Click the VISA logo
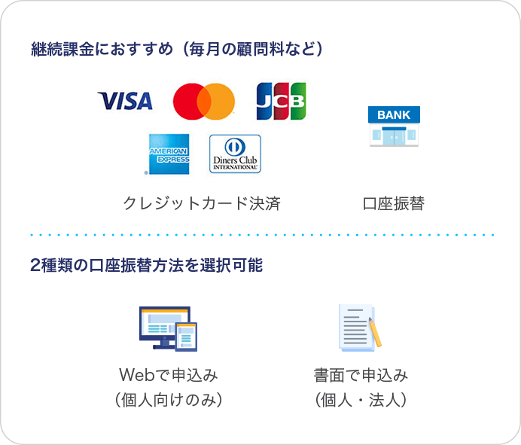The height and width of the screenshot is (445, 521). [x=125, y=100]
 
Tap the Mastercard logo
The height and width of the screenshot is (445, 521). [x=203, y=101]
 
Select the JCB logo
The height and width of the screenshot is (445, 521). [x=281, y=101]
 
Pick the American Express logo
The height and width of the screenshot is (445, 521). [x=169, y=153]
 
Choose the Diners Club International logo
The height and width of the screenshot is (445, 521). [x=235, y=153]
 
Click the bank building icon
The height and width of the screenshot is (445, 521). [x=394, y=126]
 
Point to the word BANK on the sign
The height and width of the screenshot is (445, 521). [x=394, y=115]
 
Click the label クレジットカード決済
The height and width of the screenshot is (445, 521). [x=202, y=203]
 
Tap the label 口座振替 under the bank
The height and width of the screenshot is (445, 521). [x=394, y=203]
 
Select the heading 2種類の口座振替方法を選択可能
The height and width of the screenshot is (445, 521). [x=147, y=266]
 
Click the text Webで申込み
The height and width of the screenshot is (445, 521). [x=169, y=375]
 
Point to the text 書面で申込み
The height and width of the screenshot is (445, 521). [x=361, y=375]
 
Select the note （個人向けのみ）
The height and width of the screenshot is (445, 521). [x=169, y=400]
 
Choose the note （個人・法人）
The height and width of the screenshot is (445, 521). [x=361, y=400]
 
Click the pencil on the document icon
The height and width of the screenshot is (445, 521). [x=373, y=332]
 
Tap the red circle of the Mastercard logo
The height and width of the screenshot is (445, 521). [x=191, y=101]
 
